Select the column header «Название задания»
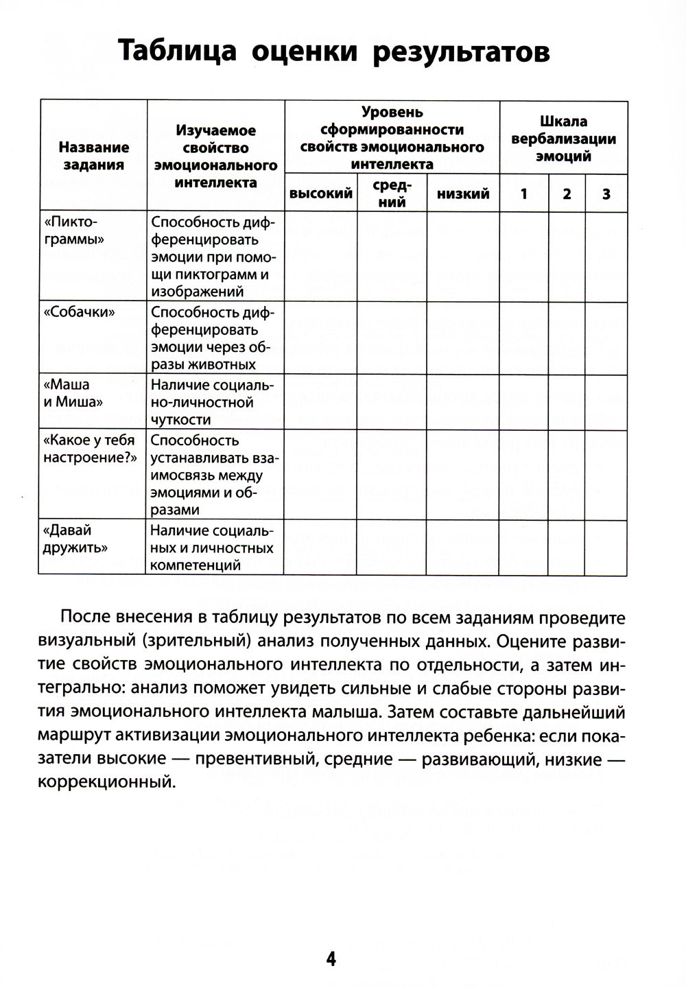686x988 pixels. click(93, 156)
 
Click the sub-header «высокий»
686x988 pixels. click(321, 194)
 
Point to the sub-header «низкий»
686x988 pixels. click(463, 194)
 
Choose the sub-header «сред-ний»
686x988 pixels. click(392, 193)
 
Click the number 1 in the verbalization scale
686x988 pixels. click(524, 194)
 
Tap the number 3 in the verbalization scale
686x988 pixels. click(606, 194)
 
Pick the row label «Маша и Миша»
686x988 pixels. click(73, 393)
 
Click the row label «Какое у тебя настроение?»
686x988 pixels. click(90, 449)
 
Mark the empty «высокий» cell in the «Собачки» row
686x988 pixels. click(321, 338)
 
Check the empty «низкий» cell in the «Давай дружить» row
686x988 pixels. click(463, 548)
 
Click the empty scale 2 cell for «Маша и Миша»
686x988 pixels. click(567, 403)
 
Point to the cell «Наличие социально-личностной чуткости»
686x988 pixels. click(214, 403)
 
